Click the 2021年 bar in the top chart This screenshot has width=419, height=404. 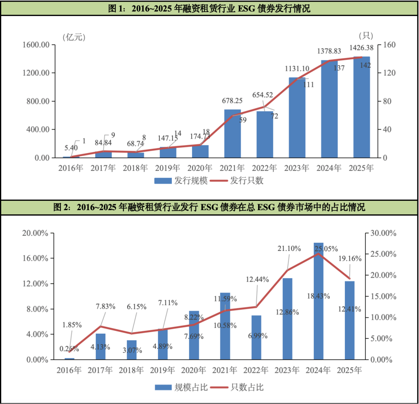tap(232, 134)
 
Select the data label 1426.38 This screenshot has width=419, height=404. tap(362, 48)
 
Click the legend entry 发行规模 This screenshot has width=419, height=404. tap(181, 181)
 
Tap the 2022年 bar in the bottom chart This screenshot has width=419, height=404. tap(256, 337)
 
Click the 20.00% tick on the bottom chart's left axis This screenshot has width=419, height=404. tap(35, 233)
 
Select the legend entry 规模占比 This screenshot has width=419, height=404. tap(181, 387)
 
